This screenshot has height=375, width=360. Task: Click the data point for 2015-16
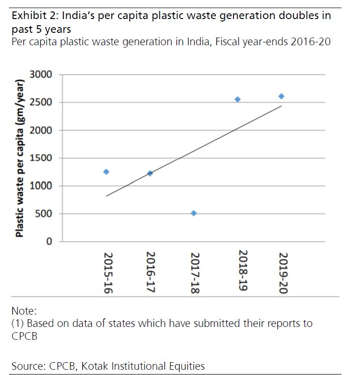106,172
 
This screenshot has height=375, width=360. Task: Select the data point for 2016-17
150,173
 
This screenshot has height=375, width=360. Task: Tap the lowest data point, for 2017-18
194,213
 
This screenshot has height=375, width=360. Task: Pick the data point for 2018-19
237,99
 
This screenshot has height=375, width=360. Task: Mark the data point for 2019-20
281,96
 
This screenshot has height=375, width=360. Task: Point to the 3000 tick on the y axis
41,75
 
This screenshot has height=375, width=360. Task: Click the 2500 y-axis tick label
41,102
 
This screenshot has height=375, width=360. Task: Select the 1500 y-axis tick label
41,158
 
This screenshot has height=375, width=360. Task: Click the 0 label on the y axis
49,242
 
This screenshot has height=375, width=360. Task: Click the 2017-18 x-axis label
194,272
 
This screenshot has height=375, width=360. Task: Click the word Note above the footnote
23,311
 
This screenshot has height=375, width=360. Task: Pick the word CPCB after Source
63,366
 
